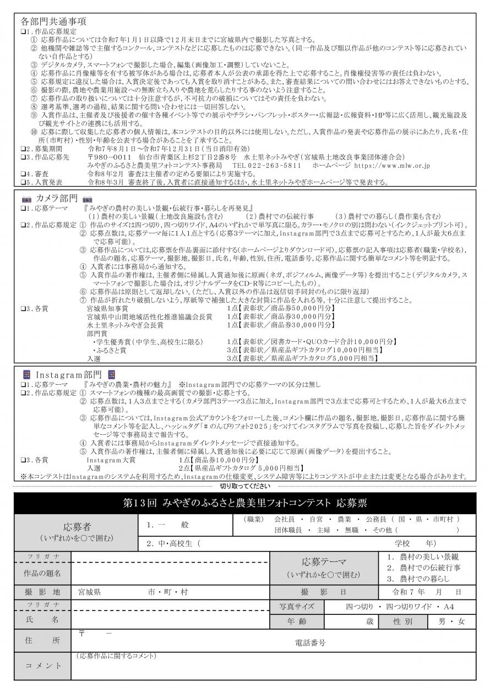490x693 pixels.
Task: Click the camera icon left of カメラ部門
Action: coord(26,197)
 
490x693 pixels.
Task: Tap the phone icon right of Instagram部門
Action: coord(111,374)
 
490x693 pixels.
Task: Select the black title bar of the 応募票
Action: coord(244,503)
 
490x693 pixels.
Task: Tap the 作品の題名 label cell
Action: coord(43,573)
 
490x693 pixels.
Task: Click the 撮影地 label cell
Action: coord(43,592)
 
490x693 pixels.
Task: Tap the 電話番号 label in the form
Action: coord(310,642)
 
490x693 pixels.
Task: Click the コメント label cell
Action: coord(43,665)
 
